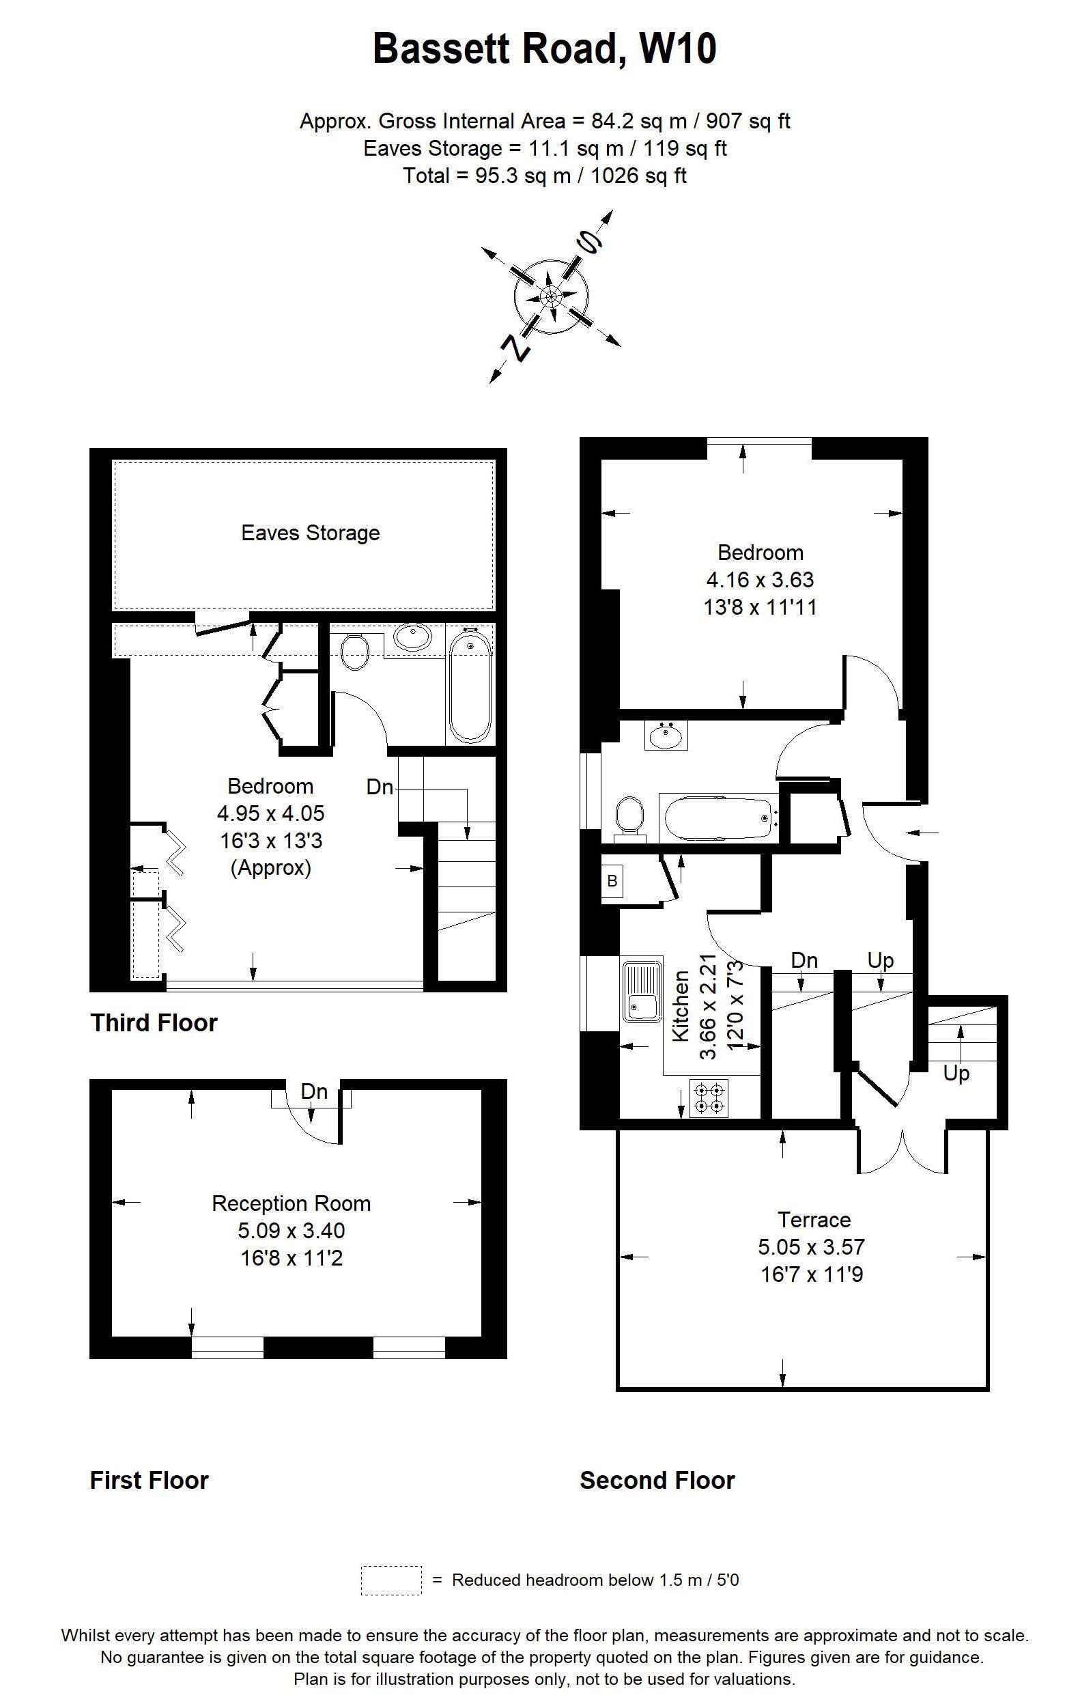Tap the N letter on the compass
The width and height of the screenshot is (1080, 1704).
(517, 348)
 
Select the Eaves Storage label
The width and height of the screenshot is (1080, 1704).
(310, 533)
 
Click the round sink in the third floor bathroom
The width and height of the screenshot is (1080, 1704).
(412, 635)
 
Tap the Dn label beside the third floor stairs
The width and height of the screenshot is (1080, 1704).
(380, 787)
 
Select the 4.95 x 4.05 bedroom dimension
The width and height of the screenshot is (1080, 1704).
(270, 813)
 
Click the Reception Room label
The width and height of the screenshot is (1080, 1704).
(291, 1203)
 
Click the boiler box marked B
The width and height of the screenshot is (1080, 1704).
(612, 881)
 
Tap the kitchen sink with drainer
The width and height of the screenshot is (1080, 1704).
(642, 991)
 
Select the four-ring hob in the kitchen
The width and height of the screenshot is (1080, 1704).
(708, 1097)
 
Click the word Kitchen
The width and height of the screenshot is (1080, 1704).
(680, 1005)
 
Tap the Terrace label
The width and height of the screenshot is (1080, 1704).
(813, 1219)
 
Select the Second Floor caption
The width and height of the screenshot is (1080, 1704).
(657, 1481)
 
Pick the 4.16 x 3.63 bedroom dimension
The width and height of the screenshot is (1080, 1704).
(760, 581)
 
